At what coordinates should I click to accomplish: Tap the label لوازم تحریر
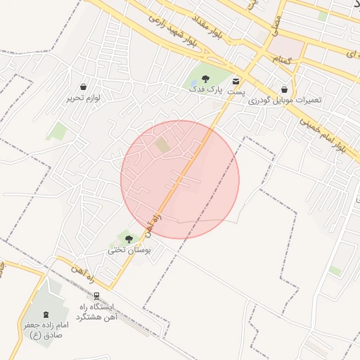(84, 98)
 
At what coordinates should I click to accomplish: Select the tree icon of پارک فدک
(205, 79)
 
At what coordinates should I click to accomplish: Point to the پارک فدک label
(205, 90)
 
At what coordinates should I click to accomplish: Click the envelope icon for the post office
(236, 81)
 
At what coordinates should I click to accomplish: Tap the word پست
(238, 91)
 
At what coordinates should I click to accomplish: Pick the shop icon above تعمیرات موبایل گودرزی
(284, 89)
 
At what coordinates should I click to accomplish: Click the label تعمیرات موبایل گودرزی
(285, 101)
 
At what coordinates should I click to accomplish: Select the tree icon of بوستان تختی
(128, 239)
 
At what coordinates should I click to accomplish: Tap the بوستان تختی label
(127, 250)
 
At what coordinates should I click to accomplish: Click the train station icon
(96, 296)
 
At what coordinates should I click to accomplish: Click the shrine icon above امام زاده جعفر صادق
(46, 313)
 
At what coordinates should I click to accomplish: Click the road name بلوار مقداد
(224, 34)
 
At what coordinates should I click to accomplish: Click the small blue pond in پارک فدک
(193, 84)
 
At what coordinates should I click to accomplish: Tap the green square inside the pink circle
(162, 145)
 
